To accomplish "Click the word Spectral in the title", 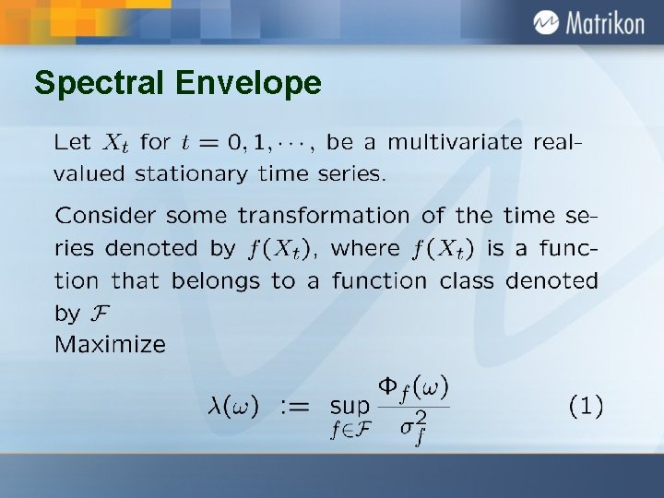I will click(99, 84).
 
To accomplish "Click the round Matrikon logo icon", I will click(545, 23).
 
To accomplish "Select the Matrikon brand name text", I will click(605, 23).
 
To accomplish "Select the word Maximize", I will click(111, 345).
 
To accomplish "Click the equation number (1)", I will click(586, 405).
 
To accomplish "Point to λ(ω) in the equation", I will click(231, 406).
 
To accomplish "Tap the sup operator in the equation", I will click(350, 407).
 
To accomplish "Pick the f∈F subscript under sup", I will click(350, 429).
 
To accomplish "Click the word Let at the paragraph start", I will click(73, 143).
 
